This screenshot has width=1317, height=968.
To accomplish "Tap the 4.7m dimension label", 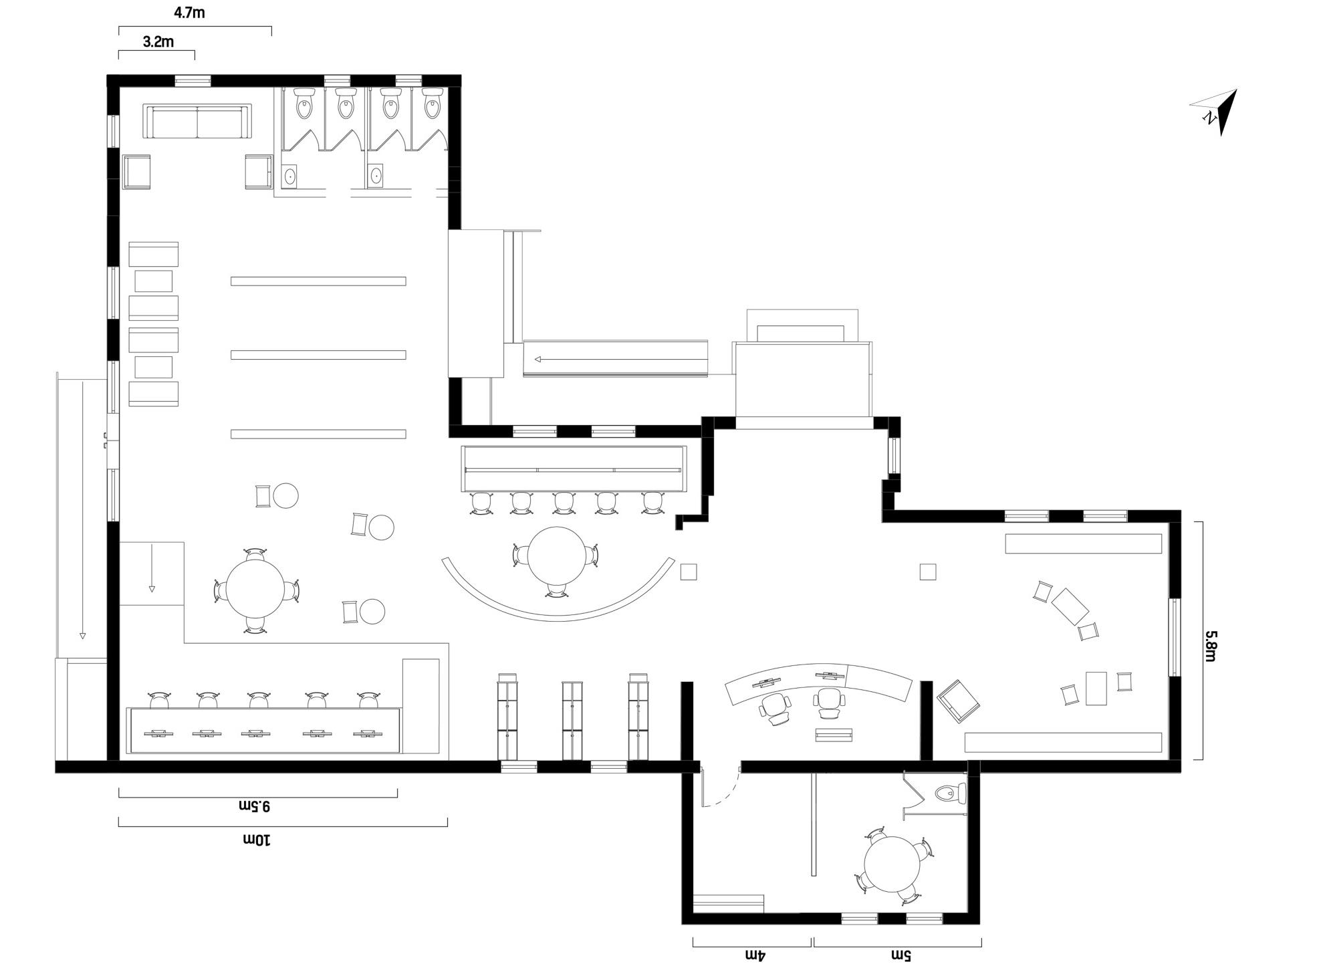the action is coord(189,13).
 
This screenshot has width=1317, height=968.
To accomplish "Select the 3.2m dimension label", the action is coord(158,42).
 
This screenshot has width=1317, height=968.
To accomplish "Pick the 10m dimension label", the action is coord(256,839).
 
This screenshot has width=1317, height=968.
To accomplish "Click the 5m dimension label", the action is coord(900,955).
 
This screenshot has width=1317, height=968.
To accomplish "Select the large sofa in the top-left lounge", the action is coord(197,121).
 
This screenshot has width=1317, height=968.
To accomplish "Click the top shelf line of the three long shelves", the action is coord(318,281).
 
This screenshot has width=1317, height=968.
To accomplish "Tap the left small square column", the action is coord(689,572).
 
